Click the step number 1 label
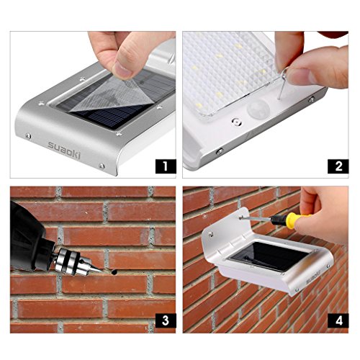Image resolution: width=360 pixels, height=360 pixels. pos(166,166)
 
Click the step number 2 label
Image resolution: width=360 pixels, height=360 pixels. pos(338,166)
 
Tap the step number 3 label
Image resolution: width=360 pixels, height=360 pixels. pos(166,320)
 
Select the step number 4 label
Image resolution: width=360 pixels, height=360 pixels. pos(338,320)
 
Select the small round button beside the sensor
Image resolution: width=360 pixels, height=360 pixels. pos(237,122)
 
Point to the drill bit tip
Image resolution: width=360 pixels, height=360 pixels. pos(101,271)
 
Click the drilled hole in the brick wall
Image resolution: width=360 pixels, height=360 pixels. pos(114,272)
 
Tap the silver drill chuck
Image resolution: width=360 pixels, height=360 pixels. pos(72,261)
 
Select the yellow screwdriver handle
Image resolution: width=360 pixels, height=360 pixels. pos(297,220)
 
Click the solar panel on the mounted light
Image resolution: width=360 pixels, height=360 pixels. pos(269,256)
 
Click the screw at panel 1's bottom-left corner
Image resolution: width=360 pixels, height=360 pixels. pos(28,136)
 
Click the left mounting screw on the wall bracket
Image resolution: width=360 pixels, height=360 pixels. pos(210,234)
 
